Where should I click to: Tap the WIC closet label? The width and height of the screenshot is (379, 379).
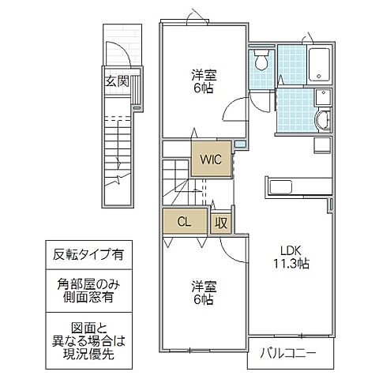pos(211,158)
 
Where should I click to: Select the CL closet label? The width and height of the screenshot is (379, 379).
pos(182,221)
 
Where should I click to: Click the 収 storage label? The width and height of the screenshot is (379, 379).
pos(221,223)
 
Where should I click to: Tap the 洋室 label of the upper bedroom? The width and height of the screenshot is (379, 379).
pos(203,76)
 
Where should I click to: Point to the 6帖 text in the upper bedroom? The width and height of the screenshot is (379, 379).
pos(203,90)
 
